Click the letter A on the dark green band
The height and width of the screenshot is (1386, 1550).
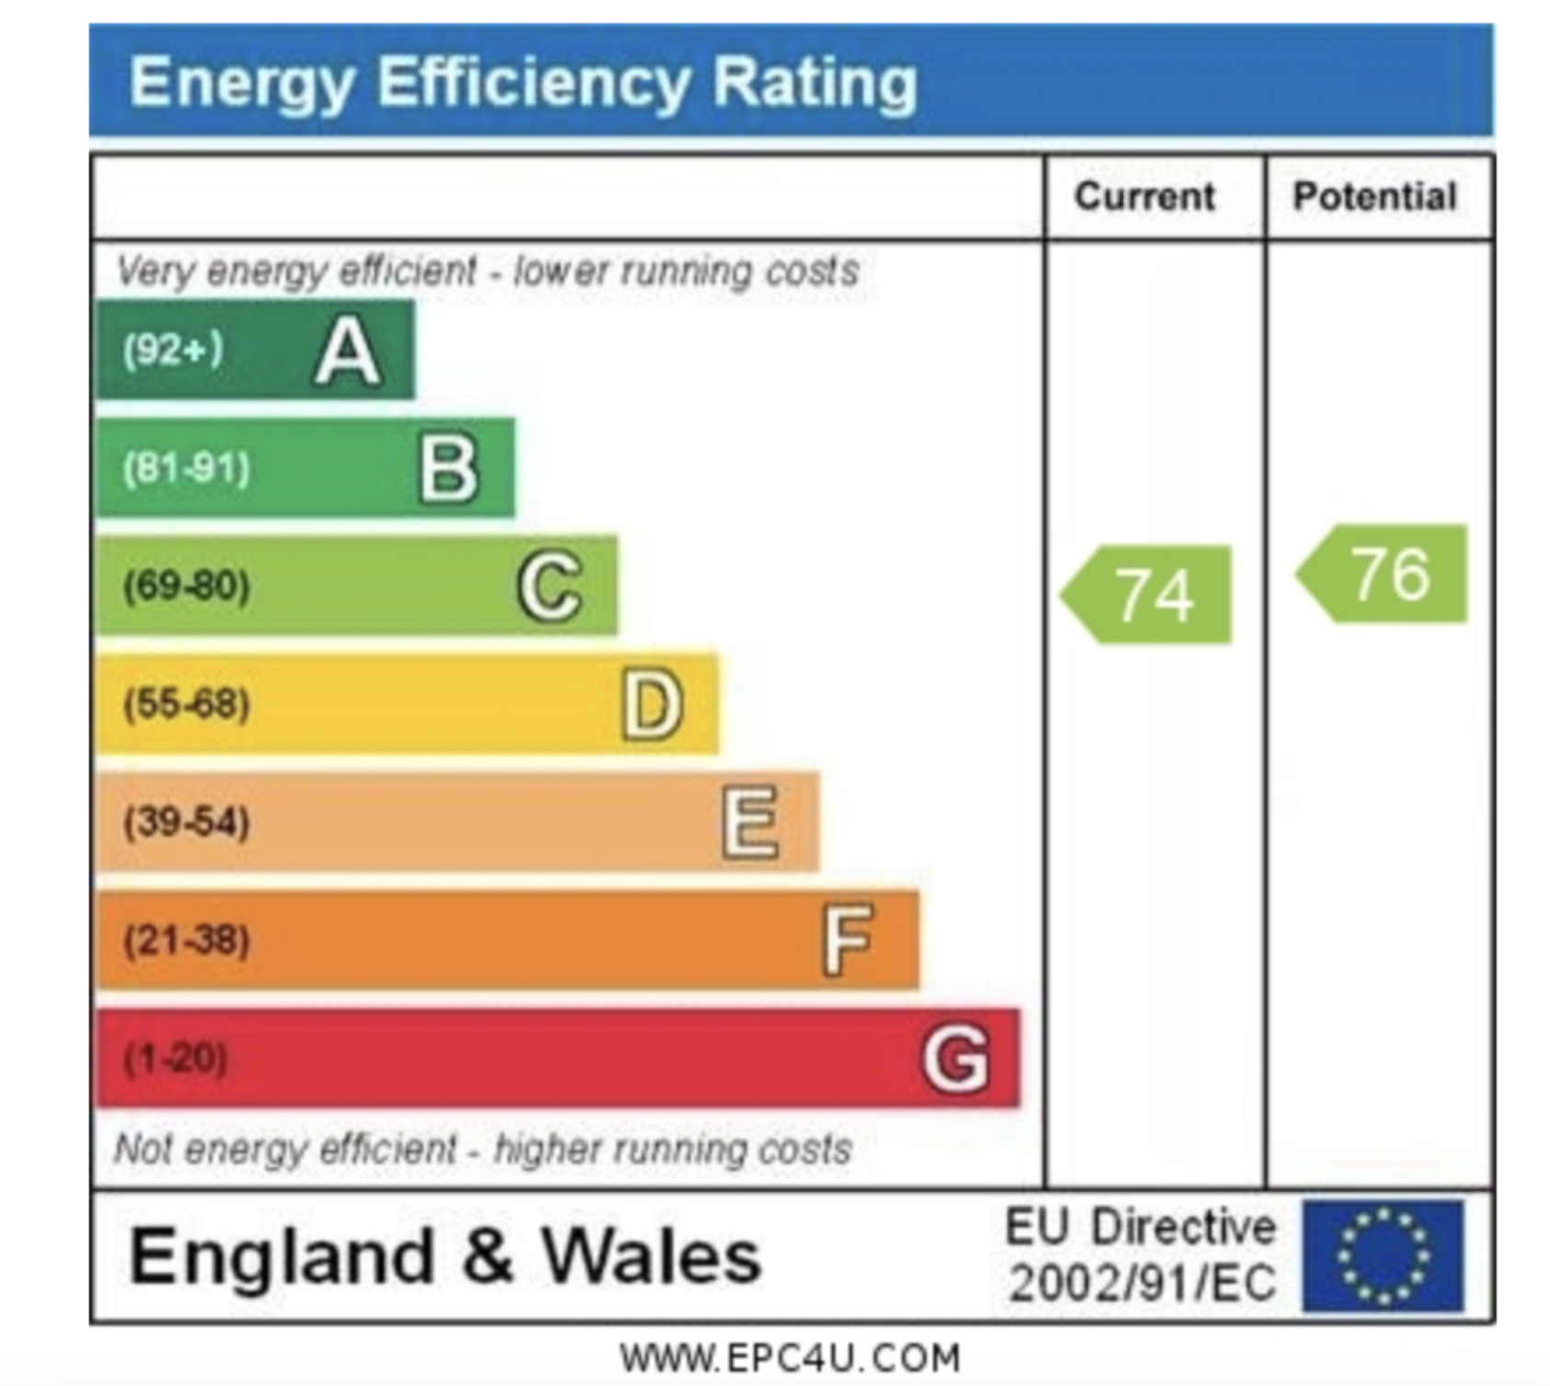(347, 351)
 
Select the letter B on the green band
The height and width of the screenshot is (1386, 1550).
(448, 468)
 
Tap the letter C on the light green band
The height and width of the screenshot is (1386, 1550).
(549, 586)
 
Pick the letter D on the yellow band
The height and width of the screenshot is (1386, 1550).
(652, 705)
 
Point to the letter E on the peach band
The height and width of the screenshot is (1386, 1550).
(750, 822)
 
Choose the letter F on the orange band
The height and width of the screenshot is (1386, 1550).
(847, 940)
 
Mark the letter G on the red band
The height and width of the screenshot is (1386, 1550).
(955, 1058)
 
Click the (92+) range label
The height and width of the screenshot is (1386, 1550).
(173, 350)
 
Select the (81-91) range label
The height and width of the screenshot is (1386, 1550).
(187, 468)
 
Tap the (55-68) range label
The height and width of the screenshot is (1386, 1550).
(187, 704)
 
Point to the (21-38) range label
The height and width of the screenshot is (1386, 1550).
(187, 941)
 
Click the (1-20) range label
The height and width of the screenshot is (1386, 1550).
(175, 1058)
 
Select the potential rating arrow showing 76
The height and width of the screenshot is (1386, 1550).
(1384, 574)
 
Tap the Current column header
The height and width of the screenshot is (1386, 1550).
(1145, 197)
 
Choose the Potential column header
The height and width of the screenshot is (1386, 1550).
(1375, 197)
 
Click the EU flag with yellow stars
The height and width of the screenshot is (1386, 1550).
(1382, 1255)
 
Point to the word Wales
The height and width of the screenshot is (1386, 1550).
(651, 1257)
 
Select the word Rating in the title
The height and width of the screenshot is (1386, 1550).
(815, 83)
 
